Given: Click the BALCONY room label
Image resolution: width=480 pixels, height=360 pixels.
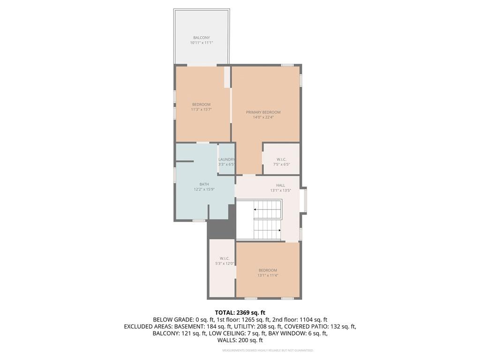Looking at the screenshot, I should click(202, 37).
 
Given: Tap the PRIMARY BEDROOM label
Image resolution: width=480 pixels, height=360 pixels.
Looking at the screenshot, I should click(263, 112).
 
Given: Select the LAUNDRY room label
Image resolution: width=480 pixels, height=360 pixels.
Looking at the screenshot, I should click(226, 159).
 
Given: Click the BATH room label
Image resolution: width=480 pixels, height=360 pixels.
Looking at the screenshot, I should click(204, 184).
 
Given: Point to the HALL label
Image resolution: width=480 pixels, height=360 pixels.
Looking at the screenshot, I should click(280, 185).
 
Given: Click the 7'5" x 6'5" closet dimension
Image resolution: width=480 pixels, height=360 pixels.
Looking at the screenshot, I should click(281, 165).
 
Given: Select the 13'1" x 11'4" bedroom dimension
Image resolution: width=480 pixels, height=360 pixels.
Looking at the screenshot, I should click(268, 275).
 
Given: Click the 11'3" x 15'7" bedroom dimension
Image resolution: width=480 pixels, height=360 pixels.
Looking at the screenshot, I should click(201, 109).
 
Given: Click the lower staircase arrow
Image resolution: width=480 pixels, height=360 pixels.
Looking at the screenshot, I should click(279, 230).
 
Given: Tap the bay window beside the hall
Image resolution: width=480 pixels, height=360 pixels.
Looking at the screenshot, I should click(304, 201).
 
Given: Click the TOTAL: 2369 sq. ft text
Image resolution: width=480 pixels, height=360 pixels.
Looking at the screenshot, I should click(240, 312).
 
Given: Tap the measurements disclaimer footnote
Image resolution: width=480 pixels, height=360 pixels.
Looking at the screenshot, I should click(268, 351).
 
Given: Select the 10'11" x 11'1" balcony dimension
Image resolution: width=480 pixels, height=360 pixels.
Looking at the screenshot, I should click(202, 43).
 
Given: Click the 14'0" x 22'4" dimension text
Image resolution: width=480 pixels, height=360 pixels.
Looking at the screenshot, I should click(263, 117).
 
